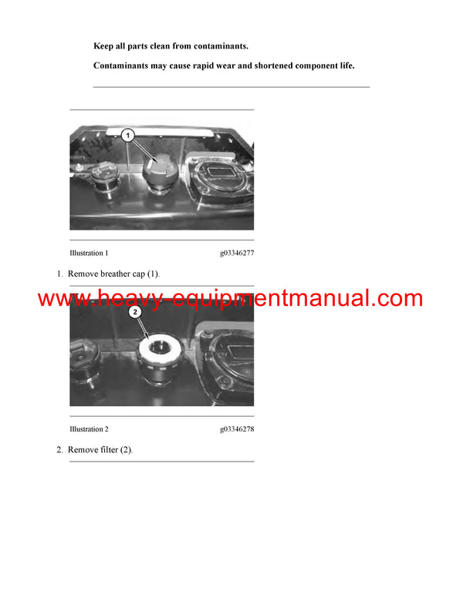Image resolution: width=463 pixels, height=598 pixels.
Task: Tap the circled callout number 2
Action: [134, 312]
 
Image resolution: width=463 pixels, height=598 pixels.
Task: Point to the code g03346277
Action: [236, 253]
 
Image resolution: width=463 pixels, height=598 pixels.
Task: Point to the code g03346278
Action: [236, 429]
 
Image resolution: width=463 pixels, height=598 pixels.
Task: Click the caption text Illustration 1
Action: [89, 253]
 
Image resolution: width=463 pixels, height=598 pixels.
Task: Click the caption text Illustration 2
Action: [89, 429]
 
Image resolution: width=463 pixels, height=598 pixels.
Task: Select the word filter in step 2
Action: [110, 449]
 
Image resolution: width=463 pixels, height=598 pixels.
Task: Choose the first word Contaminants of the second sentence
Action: [121, 66]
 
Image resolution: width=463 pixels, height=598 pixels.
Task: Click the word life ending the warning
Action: [344, 66]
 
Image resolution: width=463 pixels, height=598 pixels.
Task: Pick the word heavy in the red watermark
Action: [127, 299]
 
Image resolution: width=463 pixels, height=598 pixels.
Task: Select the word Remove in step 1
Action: [84, 274]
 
